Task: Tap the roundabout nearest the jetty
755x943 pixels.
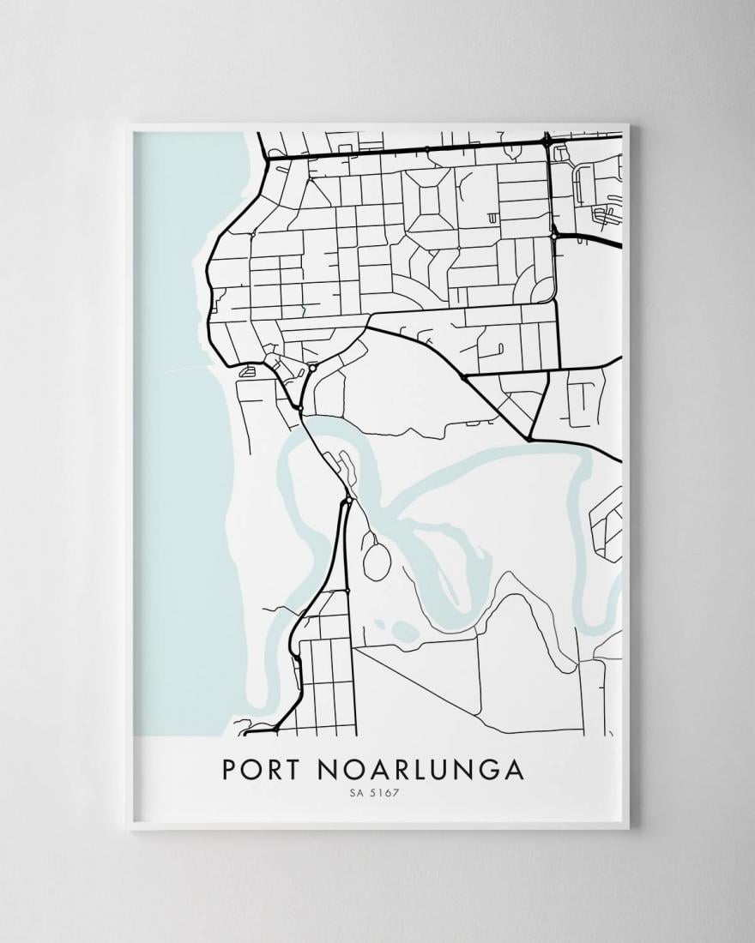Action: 312,367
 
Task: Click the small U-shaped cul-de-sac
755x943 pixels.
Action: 492,219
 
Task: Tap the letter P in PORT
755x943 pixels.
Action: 229,769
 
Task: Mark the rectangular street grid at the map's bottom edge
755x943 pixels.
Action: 326,686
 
